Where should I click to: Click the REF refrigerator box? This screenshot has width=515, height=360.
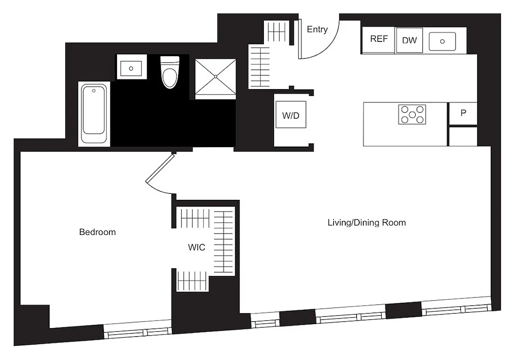click(x=379, y=39)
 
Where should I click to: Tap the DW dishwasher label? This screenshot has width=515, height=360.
click(x=409, y=40)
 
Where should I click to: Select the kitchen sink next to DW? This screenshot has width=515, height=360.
click(x=442, y=41)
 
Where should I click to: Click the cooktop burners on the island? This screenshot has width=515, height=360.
click(x=412, y=114)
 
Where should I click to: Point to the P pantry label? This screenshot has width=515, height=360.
click(x=463, y=113)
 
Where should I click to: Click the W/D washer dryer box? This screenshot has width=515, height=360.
click(x=291, y=116)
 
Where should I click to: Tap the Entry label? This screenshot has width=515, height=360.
click(x=317, y=30)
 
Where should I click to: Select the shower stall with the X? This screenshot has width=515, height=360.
click(x=215, y=77)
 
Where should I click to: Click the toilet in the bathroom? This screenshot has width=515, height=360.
click(x=170, y=72)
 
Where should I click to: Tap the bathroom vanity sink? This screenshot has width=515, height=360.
click(x=131, y=67)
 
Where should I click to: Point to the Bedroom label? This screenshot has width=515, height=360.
click(x=97, y=232)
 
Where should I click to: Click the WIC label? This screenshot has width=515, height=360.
click(x=196, y=247)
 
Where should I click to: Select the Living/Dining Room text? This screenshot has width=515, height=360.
click(x=366, y=222)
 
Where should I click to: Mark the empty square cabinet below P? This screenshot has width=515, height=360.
click(x=463, y=137)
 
